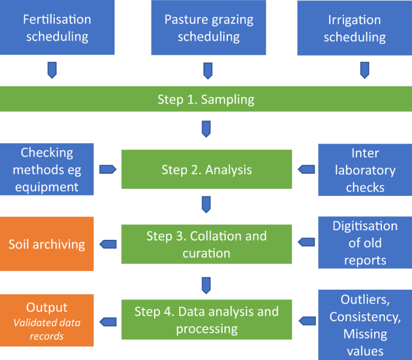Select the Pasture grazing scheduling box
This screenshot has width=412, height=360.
pos(209,28)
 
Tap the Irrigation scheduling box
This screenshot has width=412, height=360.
pos(355,28)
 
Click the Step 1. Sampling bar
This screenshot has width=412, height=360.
pos(206,99)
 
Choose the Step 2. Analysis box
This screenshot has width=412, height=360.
pos(206,170)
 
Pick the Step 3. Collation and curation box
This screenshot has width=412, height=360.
pos(206,244)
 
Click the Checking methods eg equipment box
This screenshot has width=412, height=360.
pos(47,169)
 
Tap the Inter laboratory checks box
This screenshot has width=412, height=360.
pos(365,170)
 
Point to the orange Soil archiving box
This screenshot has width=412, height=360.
pos(47,244)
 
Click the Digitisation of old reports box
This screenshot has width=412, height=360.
pos(365,243)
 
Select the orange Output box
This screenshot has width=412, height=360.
pos(47,320)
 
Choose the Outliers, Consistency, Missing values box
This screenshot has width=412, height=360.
pos(365,325)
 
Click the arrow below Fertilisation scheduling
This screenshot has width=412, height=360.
pos(53,70)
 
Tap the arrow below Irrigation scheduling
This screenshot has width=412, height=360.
pos(364,70)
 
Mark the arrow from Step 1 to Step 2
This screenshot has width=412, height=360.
pos(206,129)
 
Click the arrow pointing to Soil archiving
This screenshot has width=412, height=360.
pos(108,244)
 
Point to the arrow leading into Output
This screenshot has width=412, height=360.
pos(108,320)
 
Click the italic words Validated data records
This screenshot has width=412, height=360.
pos(47,329)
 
